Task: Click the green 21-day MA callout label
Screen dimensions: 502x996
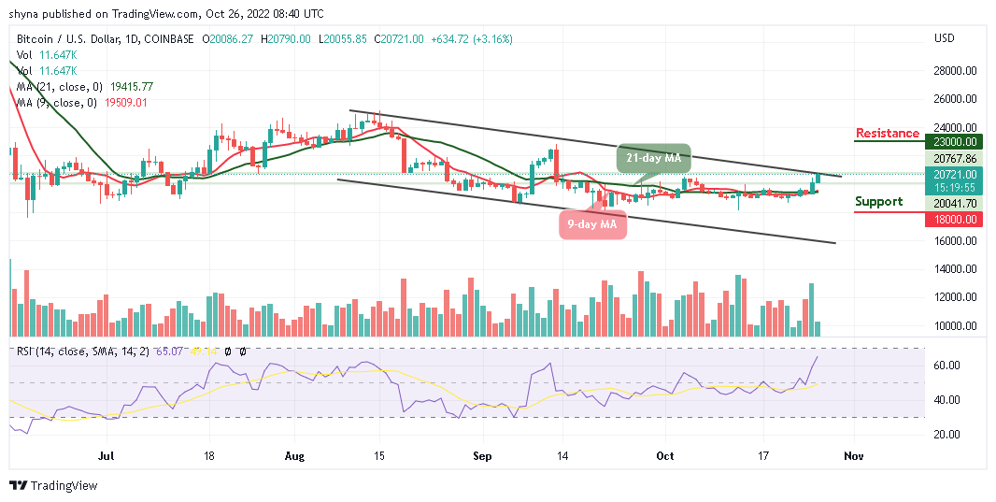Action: [653, 156]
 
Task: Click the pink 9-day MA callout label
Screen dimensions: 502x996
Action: [592, 223]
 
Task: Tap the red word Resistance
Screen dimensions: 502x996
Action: [887, 133]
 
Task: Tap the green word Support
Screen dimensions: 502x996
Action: [878, 201]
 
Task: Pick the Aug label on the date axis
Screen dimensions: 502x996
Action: [294, 456]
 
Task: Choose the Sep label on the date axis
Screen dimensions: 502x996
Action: [483, 456]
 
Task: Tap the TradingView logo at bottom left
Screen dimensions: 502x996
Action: [53, 486]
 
